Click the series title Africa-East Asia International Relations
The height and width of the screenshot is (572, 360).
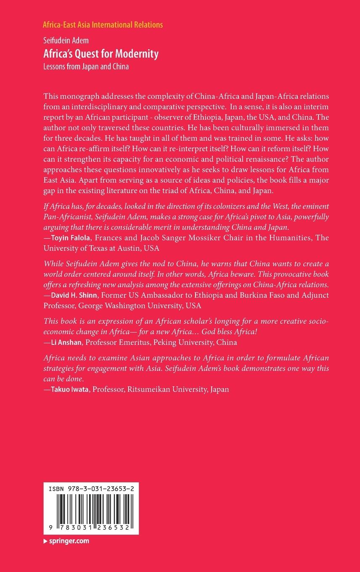pos(103,25)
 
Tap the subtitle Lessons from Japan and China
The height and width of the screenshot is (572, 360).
pos(86,66)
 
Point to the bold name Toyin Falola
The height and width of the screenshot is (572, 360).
pos(71,238)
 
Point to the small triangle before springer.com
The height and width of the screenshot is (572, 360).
pos(45,541)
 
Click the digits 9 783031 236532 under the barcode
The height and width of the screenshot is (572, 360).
pos(91,526)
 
